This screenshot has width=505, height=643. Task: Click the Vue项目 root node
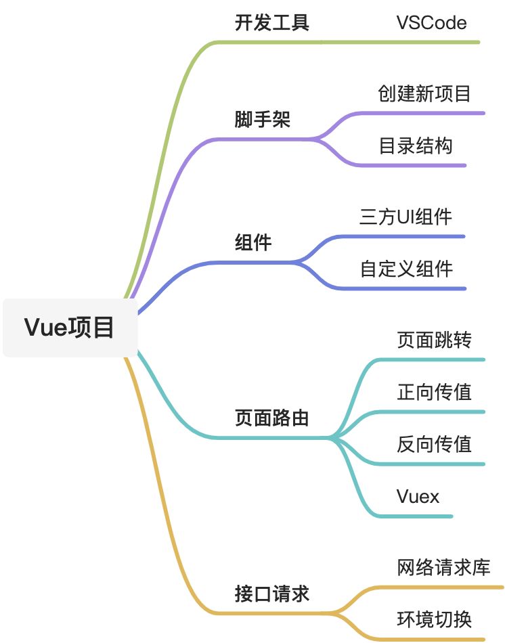tap(70, 328)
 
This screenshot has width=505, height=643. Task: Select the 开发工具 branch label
tap(271, 23)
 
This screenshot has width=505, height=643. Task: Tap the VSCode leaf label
tap(431, 23)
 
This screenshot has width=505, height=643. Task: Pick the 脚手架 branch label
tap(262, 120)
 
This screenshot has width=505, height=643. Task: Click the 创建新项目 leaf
tap(424, 93)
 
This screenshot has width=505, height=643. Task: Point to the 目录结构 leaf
tap(415, 146)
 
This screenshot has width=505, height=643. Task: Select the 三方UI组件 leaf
tap(405, 217)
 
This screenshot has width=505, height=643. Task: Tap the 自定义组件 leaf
tap(406, 269)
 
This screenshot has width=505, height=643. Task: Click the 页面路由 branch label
tap(271, 418)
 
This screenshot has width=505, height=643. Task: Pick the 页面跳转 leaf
tap(434, 340)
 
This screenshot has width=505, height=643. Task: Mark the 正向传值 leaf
tap(434, 392)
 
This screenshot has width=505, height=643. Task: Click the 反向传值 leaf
tap(434, 444)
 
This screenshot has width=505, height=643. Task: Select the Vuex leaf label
tap(418, 497)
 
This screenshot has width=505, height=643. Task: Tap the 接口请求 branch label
tap(271, 594)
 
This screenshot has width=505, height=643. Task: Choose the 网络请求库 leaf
tap(443, 568)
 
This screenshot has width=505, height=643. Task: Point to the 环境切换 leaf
tap(434, 619)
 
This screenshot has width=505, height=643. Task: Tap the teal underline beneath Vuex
tap(420, 516)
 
